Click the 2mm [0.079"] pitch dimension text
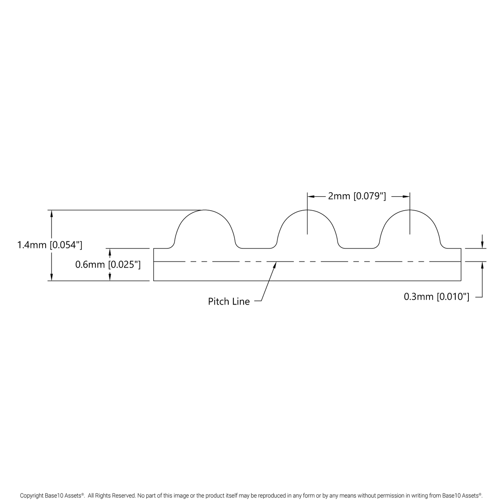[357, 196]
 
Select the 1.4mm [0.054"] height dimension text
[50, 245]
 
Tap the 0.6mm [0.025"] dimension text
[108, 264]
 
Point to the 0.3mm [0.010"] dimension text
[436, 297]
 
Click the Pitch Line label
[229, 301]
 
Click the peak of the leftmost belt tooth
[204, 210]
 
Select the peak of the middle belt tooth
[307, 210]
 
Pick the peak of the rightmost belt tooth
[410, 210]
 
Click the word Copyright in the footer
[32, 496]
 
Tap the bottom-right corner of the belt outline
[461, 281]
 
